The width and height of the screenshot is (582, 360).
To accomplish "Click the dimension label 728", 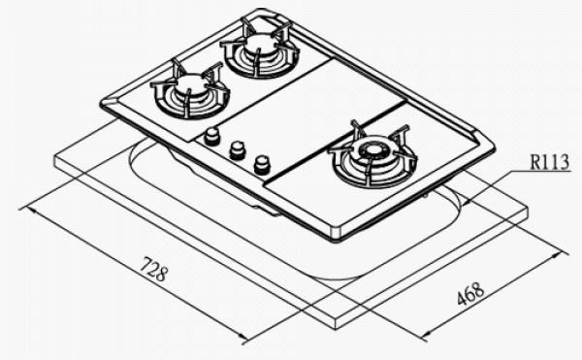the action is click(153, 269).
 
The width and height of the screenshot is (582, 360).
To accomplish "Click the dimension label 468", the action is click(470, 294).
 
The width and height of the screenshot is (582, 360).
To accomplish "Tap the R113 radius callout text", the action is click(550, 162).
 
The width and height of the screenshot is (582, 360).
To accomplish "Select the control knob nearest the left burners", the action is click(211, 135).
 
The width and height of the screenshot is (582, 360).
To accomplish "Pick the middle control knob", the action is click(238, 150).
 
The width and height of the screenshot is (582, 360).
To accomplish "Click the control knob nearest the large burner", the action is click(262, 165).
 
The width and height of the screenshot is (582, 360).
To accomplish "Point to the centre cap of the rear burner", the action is click(258, 45).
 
